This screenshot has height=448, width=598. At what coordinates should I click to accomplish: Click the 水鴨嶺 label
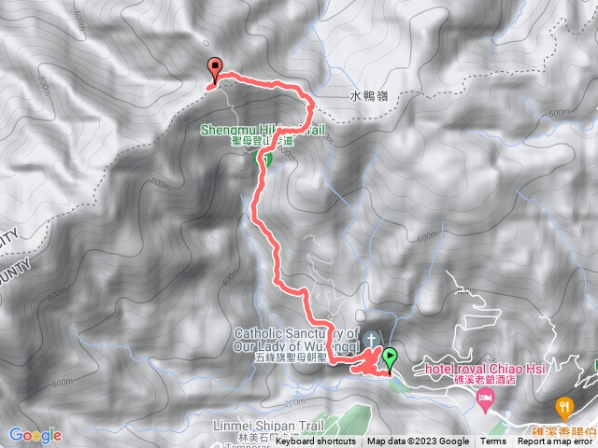click(x=368, y=94)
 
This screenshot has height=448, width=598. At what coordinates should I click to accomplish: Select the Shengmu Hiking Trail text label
click(x=263, y=131)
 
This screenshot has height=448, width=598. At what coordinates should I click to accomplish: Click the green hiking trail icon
click(x=265, y=160)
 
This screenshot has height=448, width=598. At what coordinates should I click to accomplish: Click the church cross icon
click(x=371, y=338)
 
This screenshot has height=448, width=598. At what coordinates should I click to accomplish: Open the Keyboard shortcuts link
click(x=315, y=441)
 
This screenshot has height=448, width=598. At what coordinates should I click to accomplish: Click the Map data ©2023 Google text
click(x=418, y=441)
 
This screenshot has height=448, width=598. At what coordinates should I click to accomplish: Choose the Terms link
click(x=492, y=441)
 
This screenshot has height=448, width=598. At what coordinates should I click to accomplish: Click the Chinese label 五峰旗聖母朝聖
click(x=290, y=357)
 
